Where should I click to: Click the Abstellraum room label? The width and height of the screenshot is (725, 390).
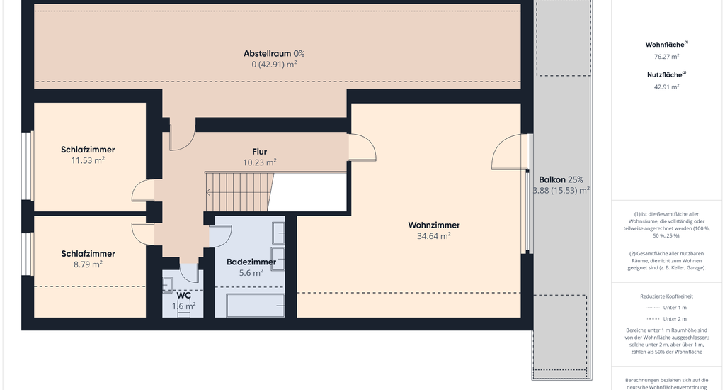267,53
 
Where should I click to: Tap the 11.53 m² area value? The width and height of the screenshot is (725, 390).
88,160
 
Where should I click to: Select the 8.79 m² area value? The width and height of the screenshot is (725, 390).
88,264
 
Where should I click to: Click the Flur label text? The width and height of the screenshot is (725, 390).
259,152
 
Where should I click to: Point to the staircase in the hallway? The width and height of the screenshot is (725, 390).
240,191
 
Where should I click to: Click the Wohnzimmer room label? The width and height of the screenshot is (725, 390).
434,225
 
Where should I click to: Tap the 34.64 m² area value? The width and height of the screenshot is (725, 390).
434,235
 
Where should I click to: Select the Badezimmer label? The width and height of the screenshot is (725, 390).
251,262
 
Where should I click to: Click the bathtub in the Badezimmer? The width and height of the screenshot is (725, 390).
255,305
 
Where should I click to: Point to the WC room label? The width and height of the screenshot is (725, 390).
183,296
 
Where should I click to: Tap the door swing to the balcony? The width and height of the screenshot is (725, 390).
508,152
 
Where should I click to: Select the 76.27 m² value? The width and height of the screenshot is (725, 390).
666,57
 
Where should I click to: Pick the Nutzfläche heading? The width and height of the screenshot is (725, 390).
666,74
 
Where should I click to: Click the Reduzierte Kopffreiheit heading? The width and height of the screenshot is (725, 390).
666,296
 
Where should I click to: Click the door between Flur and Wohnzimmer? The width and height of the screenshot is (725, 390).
362,147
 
